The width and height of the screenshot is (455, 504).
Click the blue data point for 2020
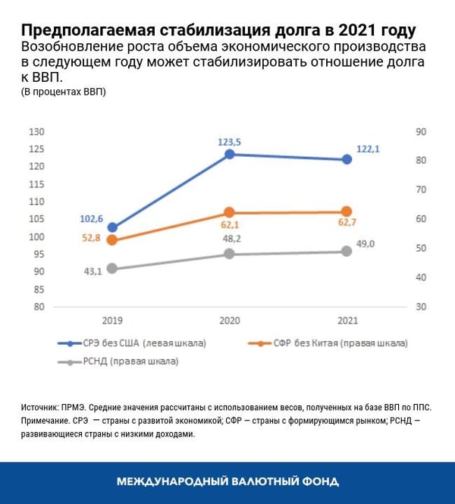tap(230, 155)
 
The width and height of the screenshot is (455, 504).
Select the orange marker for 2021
tap(347, 211)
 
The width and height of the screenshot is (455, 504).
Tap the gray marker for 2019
tap(112, 268)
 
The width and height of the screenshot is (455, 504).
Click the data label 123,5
tap(229, 141)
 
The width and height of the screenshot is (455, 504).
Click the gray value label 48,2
tap(231, 239)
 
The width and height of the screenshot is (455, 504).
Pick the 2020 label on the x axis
tap(230, 321)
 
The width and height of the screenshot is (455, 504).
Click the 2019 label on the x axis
tap(112, 321)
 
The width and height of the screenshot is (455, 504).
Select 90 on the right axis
tap(422, 132)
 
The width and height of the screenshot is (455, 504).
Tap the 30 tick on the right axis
tap(422, 307)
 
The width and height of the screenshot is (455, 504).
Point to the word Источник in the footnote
tap(41, 407)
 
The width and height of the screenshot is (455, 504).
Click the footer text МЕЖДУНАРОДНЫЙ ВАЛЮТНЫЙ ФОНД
tap(227, 482)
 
